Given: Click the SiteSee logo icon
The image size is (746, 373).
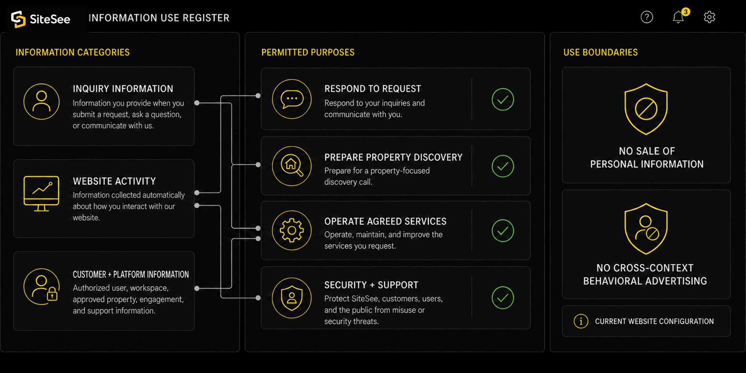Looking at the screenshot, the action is pyautogui.click(x=18, y=19).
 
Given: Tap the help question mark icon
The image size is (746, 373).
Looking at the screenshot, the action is pyautogui.click(x=647, y=17).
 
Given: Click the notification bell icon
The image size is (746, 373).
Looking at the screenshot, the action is pyautogui.click(x=679, y=17).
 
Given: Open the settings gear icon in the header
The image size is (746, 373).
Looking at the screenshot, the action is pyautogui.click(x=710, y=17).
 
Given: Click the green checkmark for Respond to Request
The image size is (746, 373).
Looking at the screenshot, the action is pyautogui.click(x=503, y=99).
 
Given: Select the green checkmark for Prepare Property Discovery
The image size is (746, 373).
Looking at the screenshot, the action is pyautogui.click(x=503, y=166).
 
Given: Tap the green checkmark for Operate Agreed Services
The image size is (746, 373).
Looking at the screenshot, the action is pyautogui.click(x=503, y=231).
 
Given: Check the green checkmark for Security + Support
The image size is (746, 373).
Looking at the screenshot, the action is pyautogui.click(x=503, y=298).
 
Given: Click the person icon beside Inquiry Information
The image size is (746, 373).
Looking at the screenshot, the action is pyautogui.click(x=41, y=101).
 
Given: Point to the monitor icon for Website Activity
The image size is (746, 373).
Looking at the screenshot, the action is pyautogui.click(x=41, y=193).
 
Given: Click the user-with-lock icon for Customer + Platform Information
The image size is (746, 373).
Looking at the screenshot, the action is pyautogui.click(x=41, y=287).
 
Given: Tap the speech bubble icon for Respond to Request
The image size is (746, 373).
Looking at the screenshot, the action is pyautogui.click(x=292, y=99).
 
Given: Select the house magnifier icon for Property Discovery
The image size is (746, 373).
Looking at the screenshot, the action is pyautogui.click(x=292, y=166).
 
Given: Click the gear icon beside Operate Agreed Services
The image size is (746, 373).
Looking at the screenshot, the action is pyautogui.click(x=292, y=230).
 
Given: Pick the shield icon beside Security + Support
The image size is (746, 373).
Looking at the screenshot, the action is pyautogui.click(x=292, y=298).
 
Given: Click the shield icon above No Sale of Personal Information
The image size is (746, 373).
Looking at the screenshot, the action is pyautogui.click(x=646, y=109).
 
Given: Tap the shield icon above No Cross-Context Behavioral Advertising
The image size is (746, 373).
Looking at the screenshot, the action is pyautogui.click(x=646, y=229).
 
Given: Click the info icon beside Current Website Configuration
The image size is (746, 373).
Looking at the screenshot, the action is pyautogui.click(x=581, y=321).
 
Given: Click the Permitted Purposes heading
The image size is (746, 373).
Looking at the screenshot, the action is pyautogui.click(x=308, y=52).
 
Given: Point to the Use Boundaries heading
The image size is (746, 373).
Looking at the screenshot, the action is pyautogui.click(x=601, y=52).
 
